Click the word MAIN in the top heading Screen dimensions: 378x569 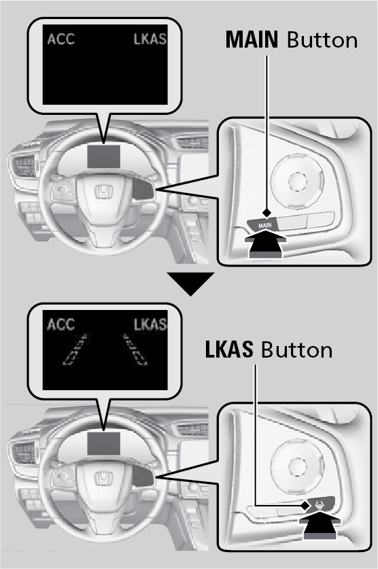[x=252, y=40]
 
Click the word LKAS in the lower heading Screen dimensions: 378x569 [x=229, y=350]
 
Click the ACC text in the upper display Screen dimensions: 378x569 [x=61, y=39]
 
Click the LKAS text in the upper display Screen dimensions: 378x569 [x=150, y=39]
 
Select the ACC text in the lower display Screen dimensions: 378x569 [x=61, y=324]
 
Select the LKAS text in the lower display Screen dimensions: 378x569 [x=150, y=324]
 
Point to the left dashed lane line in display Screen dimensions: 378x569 [x=75, y=350]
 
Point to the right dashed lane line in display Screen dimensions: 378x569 [x=135, y=350]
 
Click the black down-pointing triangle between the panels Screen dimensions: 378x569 [x=190, y=282]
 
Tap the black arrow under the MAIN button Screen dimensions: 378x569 [x=266, y=245]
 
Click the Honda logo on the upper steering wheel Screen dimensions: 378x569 [x=104, y=192]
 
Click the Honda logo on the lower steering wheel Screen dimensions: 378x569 [x=104, y=478]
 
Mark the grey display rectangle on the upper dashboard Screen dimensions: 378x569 [x=104, y=156]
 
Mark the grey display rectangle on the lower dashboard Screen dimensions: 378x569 [x=104, y=443]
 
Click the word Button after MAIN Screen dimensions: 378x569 [x=322, y=40]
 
